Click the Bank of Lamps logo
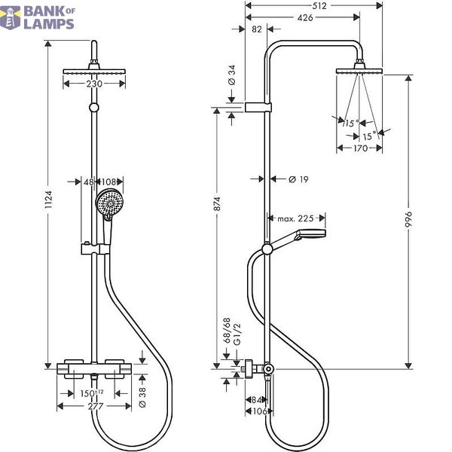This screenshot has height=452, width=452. click(x=37, y=18)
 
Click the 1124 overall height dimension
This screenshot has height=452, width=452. click(x=48, y=199)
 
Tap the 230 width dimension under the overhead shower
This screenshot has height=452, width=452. click(x=94, y=84)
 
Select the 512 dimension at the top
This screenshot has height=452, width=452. click(x=319, y=6)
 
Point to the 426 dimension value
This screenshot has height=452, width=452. click(x=305, y=18)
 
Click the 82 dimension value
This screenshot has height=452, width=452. click(x=257, y=29)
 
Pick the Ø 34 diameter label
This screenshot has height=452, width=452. click(x=232, y=75)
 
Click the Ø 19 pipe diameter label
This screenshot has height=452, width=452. click(x=298, y=179)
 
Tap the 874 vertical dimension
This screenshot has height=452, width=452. click(x=217, y=204)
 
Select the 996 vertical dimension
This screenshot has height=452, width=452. click(x=408, y=219)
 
